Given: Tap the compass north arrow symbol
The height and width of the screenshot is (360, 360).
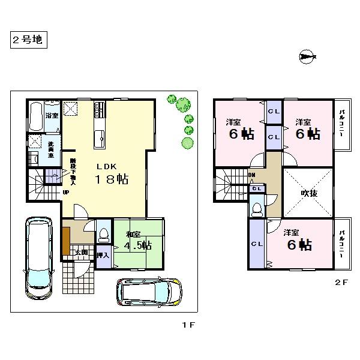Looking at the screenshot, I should (307, 58).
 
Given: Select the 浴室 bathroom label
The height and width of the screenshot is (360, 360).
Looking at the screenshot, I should (52, 115).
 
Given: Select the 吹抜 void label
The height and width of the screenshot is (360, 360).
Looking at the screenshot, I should (308, 194).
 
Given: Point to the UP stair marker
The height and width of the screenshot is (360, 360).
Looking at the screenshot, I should (66, 193).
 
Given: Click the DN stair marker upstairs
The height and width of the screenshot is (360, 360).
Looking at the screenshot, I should (251, 176).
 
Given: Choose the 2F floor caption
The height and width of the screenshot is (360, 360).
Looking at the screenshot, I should (342, 280).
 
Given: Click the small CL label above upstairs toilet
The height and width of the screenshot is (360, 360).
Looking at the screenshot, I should (256, 189).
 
